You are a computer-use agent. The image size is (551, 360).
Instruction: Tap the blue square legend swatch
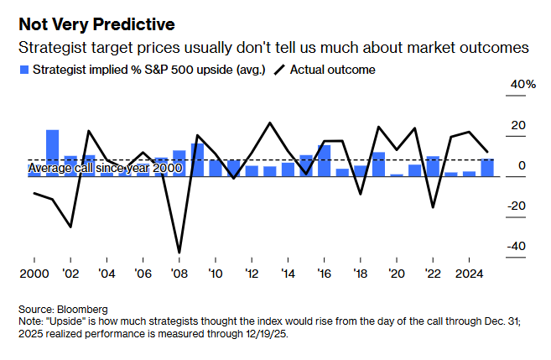[x=24, y=70]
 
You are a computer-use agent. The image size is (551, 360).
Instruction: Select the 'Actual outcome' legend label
[x=332, y=70]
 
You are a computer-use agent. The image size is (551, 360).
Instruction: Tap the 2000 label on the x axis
[x=34, y=274]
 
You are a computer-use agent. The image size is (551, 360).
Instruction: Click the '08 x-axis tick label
[x=178, y=274]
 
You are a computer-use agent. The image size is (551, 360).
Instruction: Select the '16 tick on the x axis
[x=324, y=274]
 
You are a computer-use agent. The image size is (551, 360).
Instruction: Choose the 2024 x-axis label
[x=470, y=274]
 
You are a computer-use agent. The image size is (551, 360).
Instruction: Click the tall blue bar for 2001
[x=52, y=153]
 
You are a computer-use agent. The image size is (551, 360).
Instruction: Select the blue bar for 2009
[x=197, y=159]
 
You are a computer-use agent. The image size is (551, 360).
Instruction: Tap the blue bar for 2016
[x=324, y=160]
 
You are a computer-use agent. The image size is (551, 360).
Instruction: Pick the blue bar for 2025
[x=487, y=167]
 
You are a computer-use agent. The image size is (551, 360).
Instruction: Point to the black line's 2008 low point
[x=179, y=252]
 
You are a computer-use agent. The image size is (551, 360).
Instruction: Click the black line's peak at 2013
[x=270, y=123]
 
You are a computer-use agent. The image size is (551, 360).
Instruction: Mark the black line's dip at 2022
[x=433, y=207]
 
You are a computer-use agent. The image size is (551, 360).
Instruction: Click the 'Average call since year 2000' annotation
[x=105, y=169]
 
